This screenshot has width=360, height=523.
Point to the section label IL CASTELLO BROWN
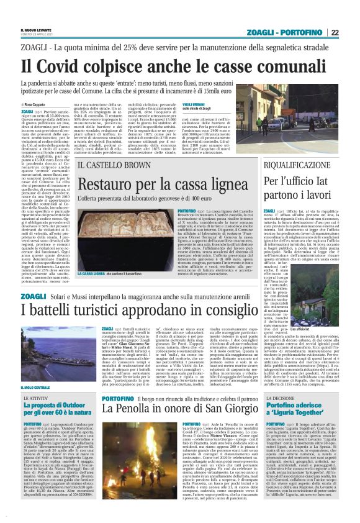click(x=111, y=165)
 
